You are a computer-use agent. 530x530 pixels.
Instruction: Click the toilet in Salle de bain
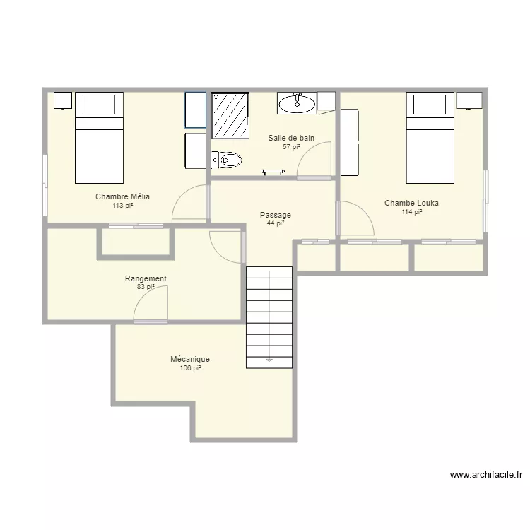click(226, 160)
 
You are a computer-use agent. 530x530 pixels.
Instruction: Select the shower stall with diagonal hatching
click(230, 116)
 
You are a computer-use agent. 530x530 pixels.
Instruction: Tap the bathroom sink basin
click(297, 103)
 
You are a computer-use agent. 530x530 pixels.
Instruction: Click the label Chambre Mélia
click(122, 196)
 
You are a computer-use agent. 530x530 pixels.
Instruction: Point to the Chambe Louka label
click(411, 203)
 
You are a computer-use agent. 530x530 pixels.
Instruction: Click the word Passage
click(276, 215)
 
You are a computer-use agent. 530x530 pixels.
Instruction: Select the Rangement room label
click(146, 278)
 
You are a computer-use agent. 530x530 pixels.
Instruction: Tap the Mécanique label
click(190, 359)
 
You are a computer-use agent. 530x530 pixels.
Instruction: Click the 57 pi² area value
click(291, 147)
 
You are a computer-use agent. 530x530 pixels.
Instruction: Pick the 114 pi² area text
click(412, 211)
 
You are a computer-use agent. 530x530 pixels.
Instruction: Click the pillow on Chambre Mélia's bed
click(99, 105)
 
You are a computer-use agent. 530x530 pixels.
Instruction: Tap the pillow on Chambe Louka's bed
click(430, 105)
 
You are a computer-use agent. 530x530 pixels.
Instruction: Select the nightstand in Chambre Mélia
click(63, 100)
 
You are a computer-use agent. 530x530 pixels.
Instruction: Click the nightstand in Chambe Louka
click(469, 100)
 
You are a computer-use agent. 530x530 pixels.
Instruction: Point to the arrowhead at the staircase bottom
click(269, 360)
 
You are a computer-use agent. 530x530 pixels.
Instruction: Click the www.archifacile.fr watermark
click(486, 475)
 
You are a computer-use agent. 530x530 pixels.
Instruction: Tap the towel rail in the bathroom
click(273, 172)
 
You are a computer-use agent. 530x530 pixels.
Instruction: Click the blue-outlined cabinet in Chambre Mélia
click(195, 110)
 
